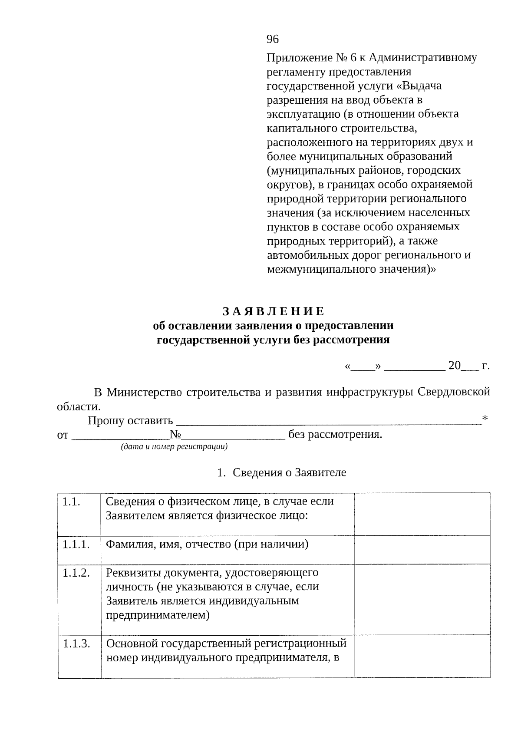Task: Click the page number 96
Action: pyautogui.click(x=272, y=40)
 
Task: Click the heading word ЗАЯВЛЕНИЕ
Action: pyautogui.click(x=273, y=311)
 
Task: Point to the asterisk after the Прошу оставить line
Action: pyautogui.click(x=485, y=419)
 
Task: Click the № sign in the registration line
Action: pyautogui.click(x=175, y=435)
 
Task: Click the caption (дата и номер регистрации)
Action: pyautogui.click(x=174, y=446)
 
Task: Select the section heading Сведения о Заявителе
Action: pyautogui.click(x=289, y=472)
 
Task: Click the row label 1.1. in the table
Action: pyautogui.click(x=71, y=502)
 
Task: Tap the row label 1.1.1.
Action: pyautogui.click(x=76, y=545)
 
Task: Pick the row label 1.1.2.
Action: pyautogui.click(x=76, y=573)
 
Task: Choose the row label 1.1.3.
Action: pyautogui.click(x=76, y=644)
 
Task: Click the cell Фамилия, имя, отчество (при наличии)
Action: pyautogui.click(x=207, y=544)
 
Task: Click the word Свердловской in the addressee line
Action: pyautogui.click(x=454, y=392)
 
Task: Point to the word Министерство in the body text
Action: pyautogui.click(x=145, y=392)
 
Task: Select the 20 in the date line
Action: pyautogui.click(x=454, y=366)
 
